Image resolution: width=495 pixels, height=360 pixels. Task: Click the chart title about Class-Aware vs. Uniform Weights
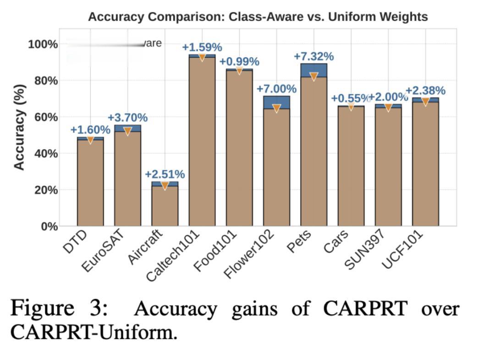coord(258,17)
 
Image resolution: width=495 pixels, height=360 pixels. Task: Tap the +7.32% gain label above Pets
coord(313,56)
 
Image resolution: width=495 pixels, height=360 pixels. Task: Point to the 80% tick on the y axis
coord(43,81)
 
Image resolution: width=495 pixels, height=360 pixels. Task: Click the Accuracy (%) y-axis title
coord(19,127)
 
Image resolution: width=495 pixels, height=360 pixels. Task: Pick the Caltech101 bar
coord(202,142)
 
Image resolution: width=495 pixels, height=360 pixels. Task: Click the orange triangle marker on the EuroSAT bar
coord(127,131)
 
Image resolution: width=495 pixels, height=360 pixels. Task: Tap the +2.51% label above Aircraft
coord(165,174)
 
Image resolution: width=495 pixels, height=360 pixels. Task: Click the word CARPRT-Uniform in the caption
coord(93,332)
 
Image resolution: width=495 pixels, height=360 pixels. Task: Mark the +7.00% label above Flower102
coord(276,89)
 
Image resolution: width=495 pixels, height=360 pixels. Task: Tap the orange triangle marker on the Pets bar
coord(313,77)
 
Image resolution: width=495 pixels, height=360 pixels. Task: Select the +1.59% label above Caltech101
coord(202,47)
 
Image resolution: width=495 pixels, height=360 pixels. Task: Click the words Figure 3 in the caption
coord(59,308)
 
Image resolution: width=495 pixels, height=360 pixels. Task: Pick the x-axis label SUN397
coord(365,250)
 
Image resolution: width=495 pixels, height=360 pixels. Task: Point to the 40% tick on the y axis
coord(43,154)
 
